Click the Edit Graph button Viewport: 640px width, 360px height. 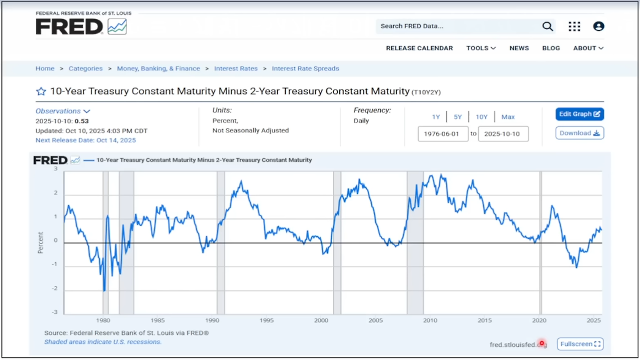(579, 114)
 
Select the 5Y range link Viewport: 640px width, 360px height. (458, 117)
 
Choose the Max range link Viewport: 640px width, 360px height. (508, 117)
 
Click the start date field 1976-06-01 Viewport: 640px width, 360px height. (443, 134)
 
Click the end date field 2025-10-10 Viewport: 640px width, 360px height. (503, 134)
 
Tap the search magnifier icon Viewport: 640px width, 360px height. (548, 26)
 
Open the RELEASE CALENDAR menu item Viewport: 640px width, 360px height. (419, 48)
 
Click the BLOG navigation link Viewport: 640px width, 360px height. (551, 48)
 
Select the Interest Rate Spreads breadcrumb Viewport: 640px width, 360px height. (305, 69)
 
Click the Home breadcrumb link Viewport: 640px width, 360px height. (45, 69)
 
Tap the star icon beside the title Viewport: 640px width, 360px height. (41, 91)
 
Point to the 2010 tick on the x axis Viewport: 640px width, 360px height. (430, 320)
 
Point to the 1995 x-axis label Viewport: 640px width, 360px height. (266, 320)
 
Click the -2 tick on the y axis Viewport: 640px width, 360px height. (55, 289)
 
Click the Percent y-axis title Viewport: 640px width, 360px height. (41, 242)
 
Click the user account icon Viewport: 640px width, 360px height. (598, 26)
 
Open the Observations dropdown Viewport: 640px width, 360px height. (62, 111)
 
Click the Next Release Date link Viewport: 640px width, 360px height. (85, 140)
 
